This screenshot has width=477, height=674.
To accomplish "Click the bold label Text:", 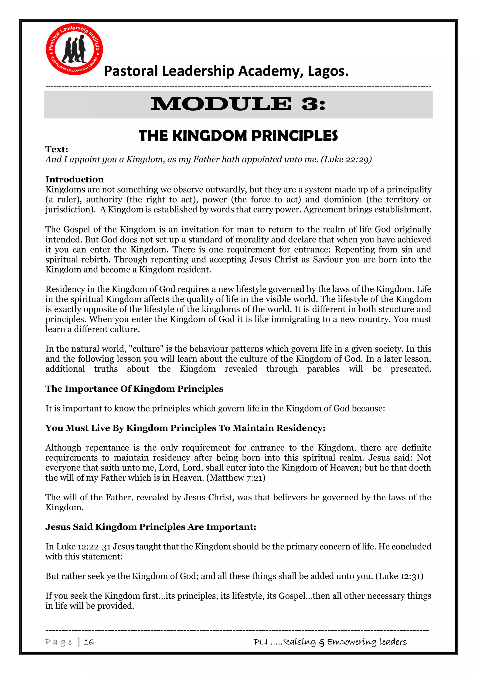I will (57, 149).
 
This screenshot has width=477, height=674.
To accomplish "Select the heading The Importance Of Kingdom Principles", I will (134, 389).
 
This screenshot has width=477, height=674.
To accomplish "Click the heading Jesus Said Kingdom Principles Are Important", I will (150, 527).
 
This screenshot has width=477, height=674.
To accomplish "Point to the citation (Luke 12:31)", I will (399, 576).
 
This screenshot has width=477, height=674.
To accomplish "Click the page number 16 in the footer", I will (89, 642).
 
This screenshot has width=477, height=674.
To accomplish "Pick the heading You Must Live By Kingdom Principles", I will (185, 428).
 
